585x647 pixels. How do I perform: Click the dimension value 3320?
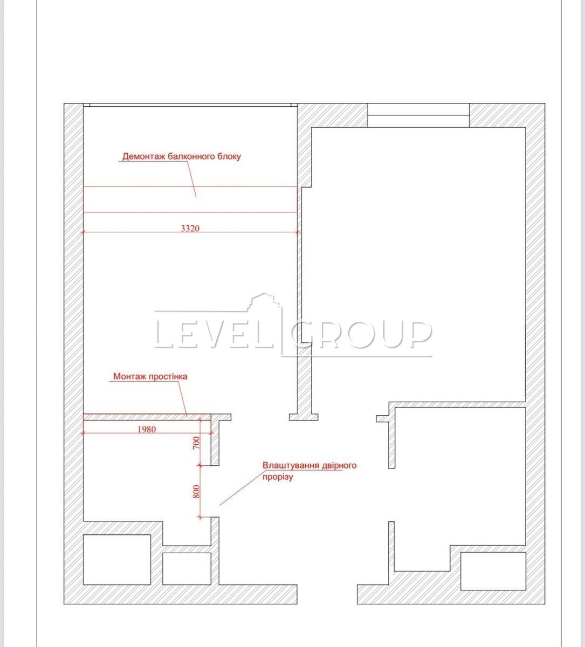coord(190,229)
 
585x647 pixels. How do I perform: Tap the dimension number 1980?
coord(147,429)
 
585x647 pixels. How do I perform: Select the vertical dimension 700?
coord(196,443)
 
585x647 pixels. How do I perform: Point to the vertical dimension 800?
coord(196,492)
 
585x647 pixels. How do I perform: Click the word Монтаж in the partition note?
coord(129,376)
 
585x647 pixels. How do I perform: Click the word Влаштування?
coord(286,465)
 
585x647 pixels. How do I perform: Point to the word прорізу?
coord(278,477)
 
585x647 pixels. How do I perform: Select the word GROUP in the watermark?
coord(360,334)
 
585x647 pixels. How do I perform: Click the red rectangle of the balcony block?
coord(190,187)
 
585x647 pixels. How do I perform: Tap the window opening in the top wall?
coord(418,115)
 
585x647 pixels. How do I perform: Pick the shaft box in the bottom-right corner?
coord(493,571)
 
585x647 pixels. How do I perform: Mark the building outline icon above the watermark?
coord(264,301)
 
